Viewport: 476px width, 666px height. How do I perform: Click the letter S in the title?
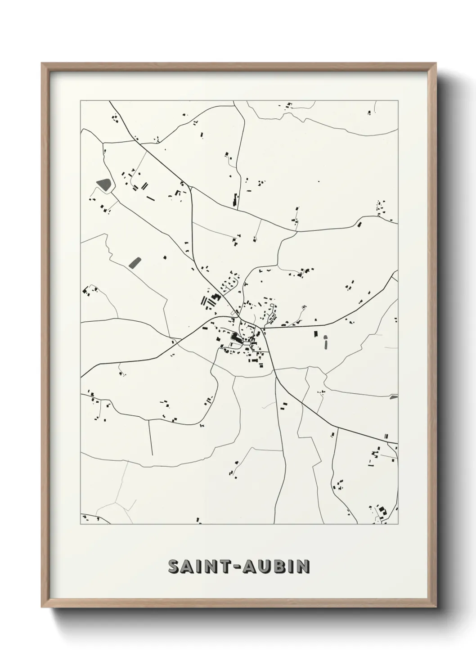[174, 567]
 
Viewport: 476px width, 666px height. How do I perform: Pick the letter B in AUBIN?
[280, 567]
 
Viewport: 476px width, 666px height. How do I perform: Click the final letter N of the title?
[304, 567]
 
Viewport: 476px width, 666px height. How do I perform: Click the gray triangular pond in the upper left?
[103, 184]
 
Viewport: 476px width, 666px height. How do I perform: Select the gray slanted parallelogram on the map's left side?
[134, 262]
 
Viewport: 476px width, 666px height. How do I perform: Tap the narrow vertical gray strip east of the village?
[325, 343]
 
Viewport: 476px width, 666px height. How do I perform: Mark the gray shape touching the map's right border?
[394, 397]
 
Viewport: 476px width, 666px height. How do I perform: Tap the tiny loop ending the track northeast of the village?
[304, 307]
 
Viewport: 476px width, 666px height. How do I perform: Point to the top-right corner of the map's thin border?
[398, 100]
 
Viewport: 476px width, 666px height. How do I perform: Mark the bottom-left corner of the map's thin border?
[81, 524]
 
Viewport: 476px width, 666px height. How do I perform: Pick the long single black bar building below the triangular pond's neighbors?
[150, 197]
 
